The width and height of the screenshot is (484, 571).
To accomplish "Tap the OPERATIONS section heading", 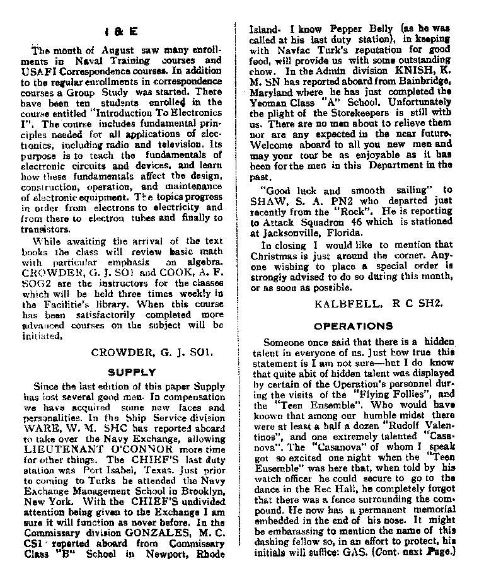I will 353,326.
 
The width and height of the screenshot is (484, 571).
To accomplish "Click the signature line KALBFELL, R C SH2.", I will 376,302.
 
